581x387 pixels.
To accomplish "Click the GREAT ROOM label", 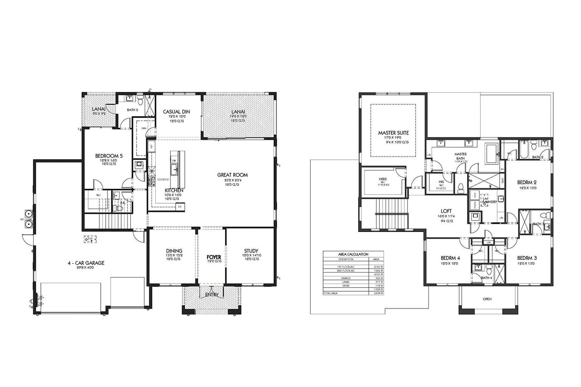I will (x=232, y=175).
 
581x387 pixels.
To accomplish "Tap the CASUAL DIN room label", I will (x=176, y=112).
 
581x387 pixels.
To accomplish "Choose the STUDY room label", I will (x=251, y=250).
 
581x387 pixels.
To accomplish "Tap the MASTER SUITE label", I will (x=394, y=133).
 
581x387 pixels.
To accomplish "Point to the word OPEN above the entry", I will (x=487, y=299).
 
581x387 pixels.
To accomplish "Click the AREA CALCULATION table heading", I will (x=353, y=255).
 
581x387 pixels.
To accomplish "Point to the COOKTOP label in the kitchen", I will (x=163, y=180).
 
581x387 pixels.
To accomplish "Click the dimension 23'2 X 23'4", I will (x=232, y=180).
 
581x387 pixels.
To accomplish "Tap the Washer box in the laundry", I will (x=474, y=205).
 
